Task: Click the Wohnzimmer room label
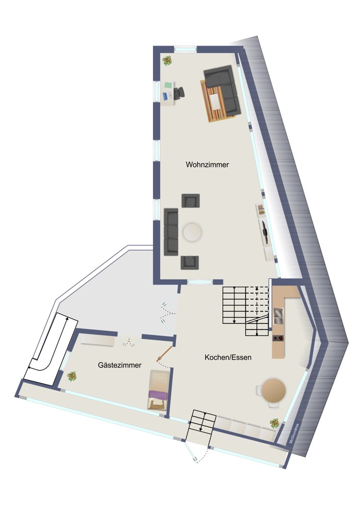(207, 165)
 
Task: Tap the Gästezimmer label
(120, 365)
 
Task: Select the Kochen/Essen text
(228, 358)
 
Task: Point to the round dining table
(274, 390)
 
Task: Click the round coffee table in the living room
(192, 232)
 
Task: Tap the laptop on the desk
(167, 96)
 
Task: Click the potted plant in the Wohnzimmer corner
(167, 61)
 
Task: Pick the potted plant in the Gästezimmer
(72, 377)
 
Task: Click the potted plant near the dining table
(274, 423)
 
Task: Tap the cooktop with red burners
(278, 338)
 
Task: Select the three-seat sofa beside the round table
(171, 232)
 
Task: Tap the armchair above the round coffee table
(191, 200)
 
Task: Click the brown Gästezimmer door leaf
(164, 354)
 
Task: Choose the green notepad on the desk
(168, 85)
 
